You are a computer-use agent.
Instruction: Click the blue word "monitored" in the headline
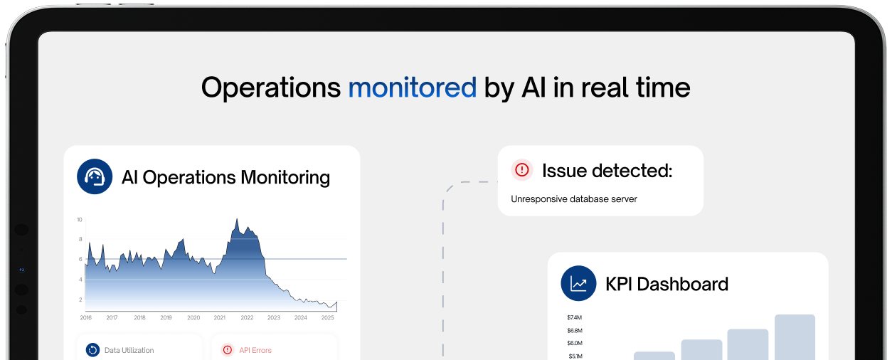click(412, 88)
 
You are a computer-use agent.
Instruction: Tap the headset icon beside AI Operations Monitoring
click(95, 176)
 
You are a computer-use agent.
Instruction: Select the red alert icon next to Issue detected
click(522, 170)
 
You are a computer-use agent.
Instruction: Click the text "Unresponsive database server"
click(573, 199)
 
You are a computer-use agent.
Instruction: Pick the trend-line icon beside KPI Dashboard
click(578, 284)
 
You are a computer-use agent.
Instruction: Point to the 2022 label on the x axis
click(247, 317)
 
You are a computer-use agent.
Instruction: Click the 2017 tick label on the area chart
click(112, 317)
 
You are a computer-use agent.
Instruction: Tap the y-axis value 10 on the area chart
click(80, 219)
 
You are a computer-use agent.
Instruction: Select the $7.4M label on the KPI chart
click(575, 317)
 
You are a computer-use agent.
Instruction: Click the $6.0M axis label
click(575, 343)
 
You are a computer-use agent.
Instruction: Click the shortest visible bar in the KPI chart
click(654, 355)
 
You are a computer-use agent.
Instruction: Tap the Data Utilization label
click(129, 350)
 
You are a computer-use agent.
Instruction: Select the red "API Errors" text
click(255, 350)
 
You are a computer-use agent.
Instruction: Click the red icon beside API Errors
click(228, 349)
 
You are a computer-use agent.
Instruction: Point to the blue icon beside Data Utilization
click(92, 349)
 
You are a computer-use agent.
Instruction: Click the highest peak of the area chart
click(235, 221)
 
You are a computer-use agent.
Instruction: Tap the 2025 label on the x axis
click(328, 317)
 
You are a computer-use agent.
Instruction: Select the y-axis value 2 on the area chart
click(80, 300)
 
